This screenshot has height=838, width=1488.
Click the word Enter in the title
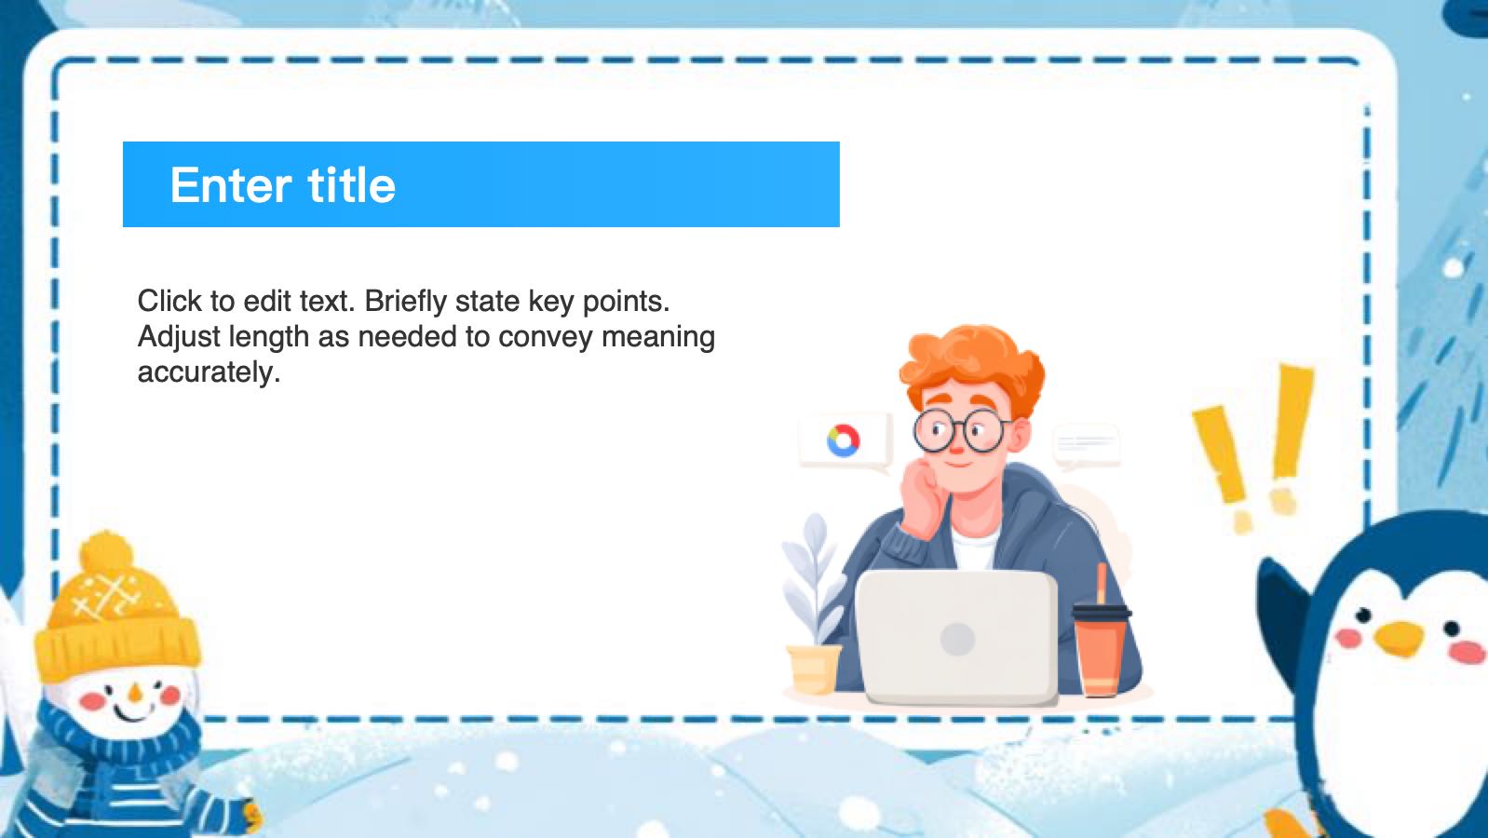[231, 184]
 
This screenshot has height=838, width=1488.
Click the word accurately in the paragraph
[210, 372]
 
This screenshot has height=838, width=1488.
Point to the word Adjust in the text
[179, 337]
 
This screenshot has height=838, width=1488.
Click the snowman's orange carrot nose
[136, 694]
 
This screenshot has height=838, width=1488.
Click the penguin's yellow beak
[1399, 637]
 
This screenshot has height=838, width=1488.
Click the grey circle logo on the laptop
[957, 639]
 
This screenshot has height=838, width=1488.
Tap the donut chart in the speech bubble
[844, 440]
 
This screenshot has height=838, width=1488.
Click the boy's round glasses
[961, 430]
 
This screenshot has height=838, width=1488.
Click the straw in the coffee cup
[1102, 583]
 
